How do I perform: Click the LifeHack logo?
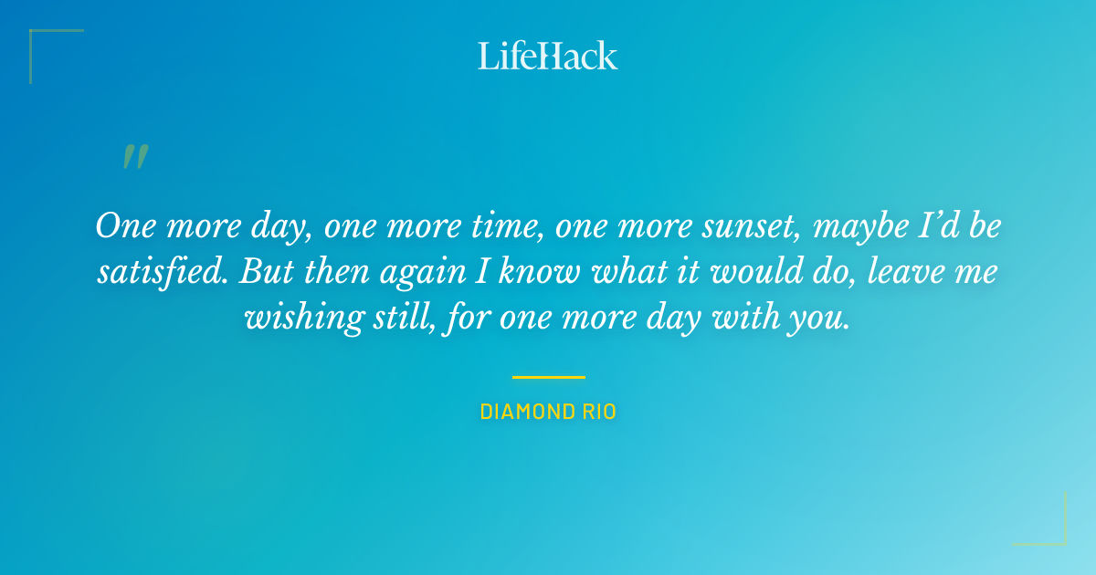point(548,56)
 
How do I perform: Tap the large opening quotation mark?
point(135,157)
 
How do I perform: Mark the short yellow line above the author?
point(548,377)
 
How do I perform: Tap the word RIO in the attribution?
point(598,413)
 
